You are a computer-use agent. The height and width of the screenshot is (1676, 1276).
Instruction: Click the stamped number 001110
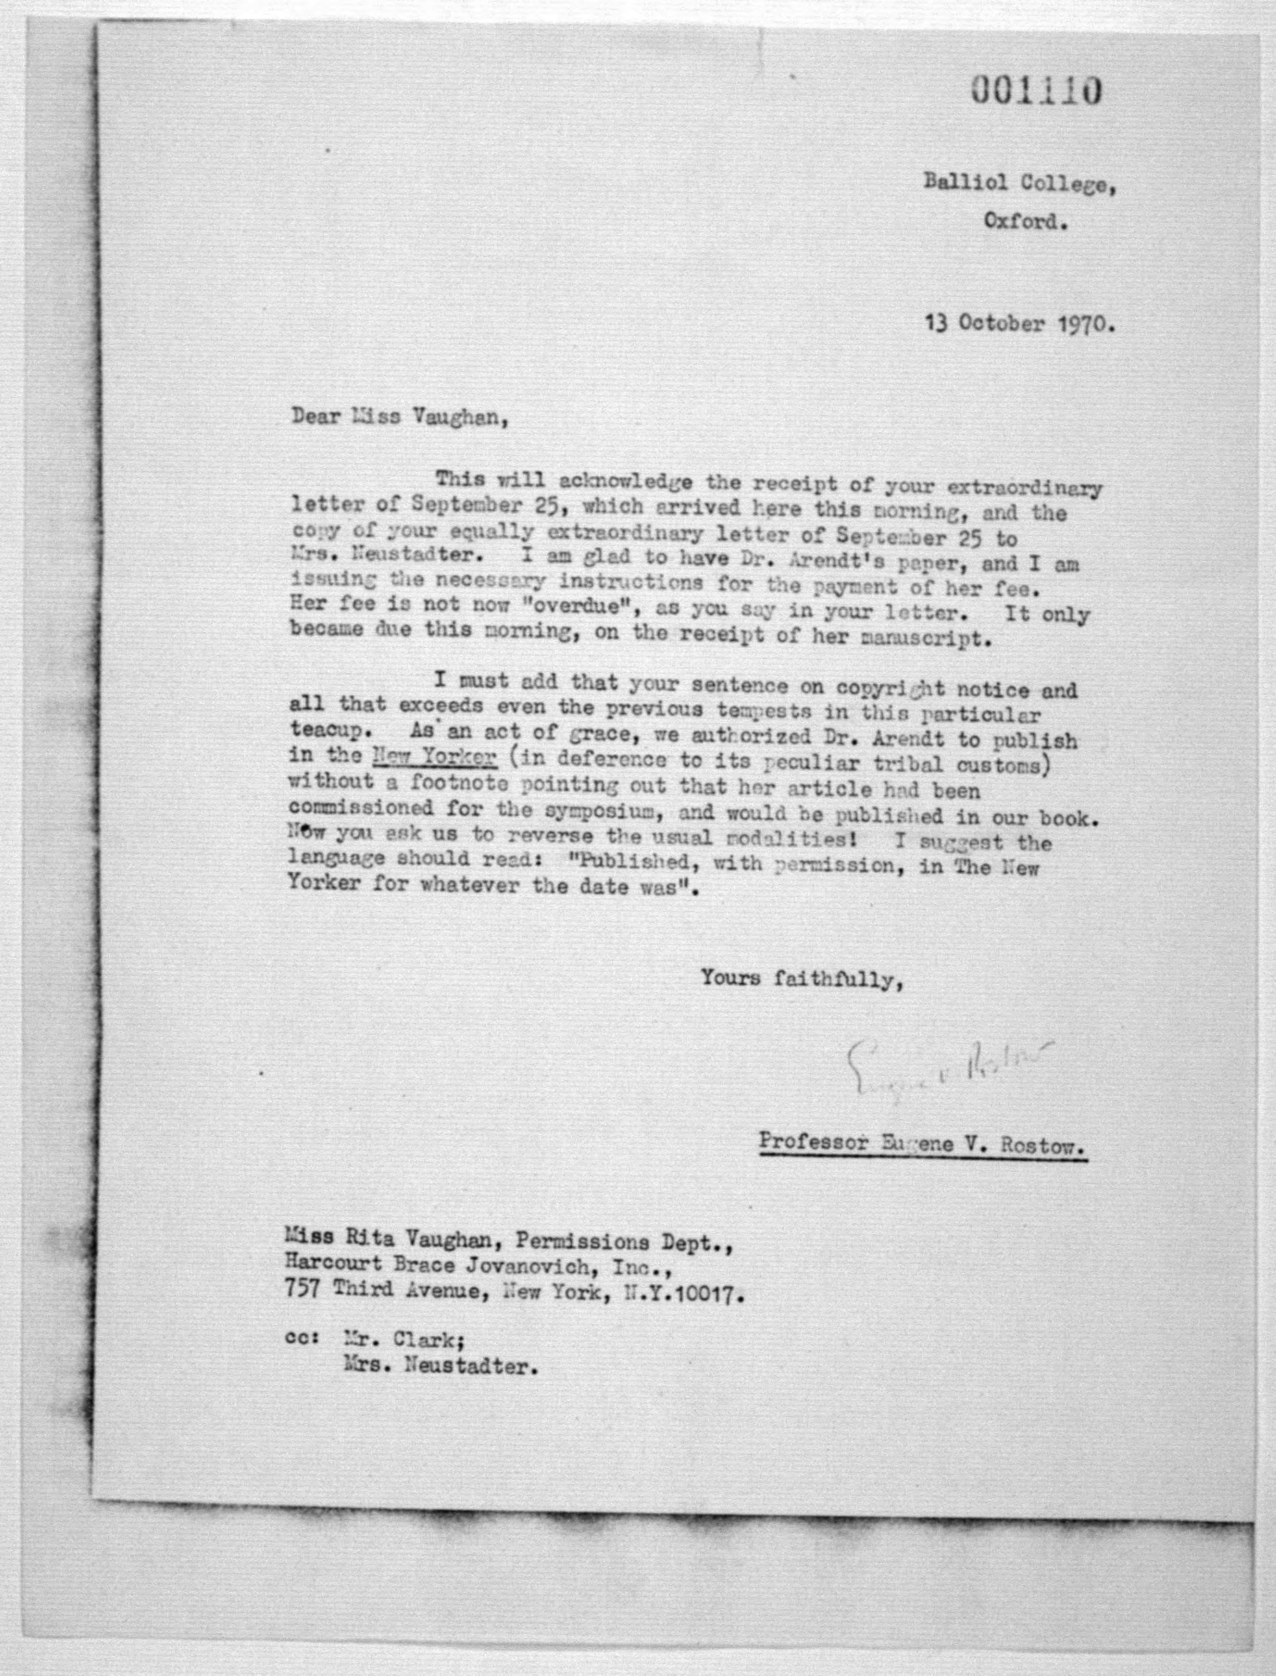pos(1035,91)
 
